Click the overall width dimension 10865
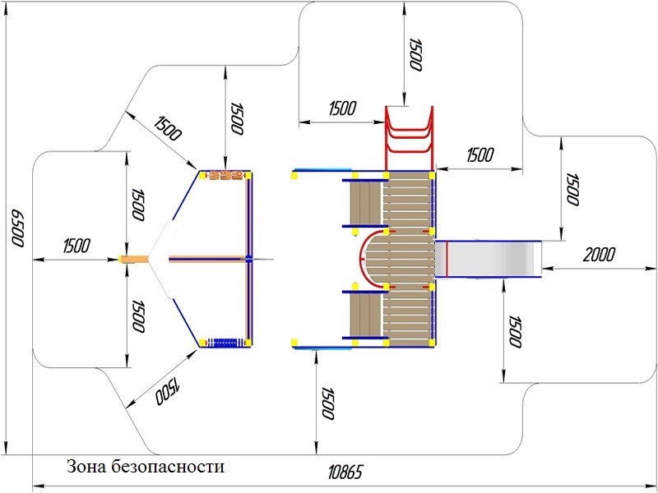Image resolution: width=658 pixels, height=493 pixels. coord(345,472)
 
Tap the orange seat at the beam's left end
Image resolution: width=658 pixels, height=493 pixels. coord(135,260)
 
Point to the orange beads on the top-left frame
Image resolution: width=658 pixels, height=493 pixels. coord(227,174)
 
